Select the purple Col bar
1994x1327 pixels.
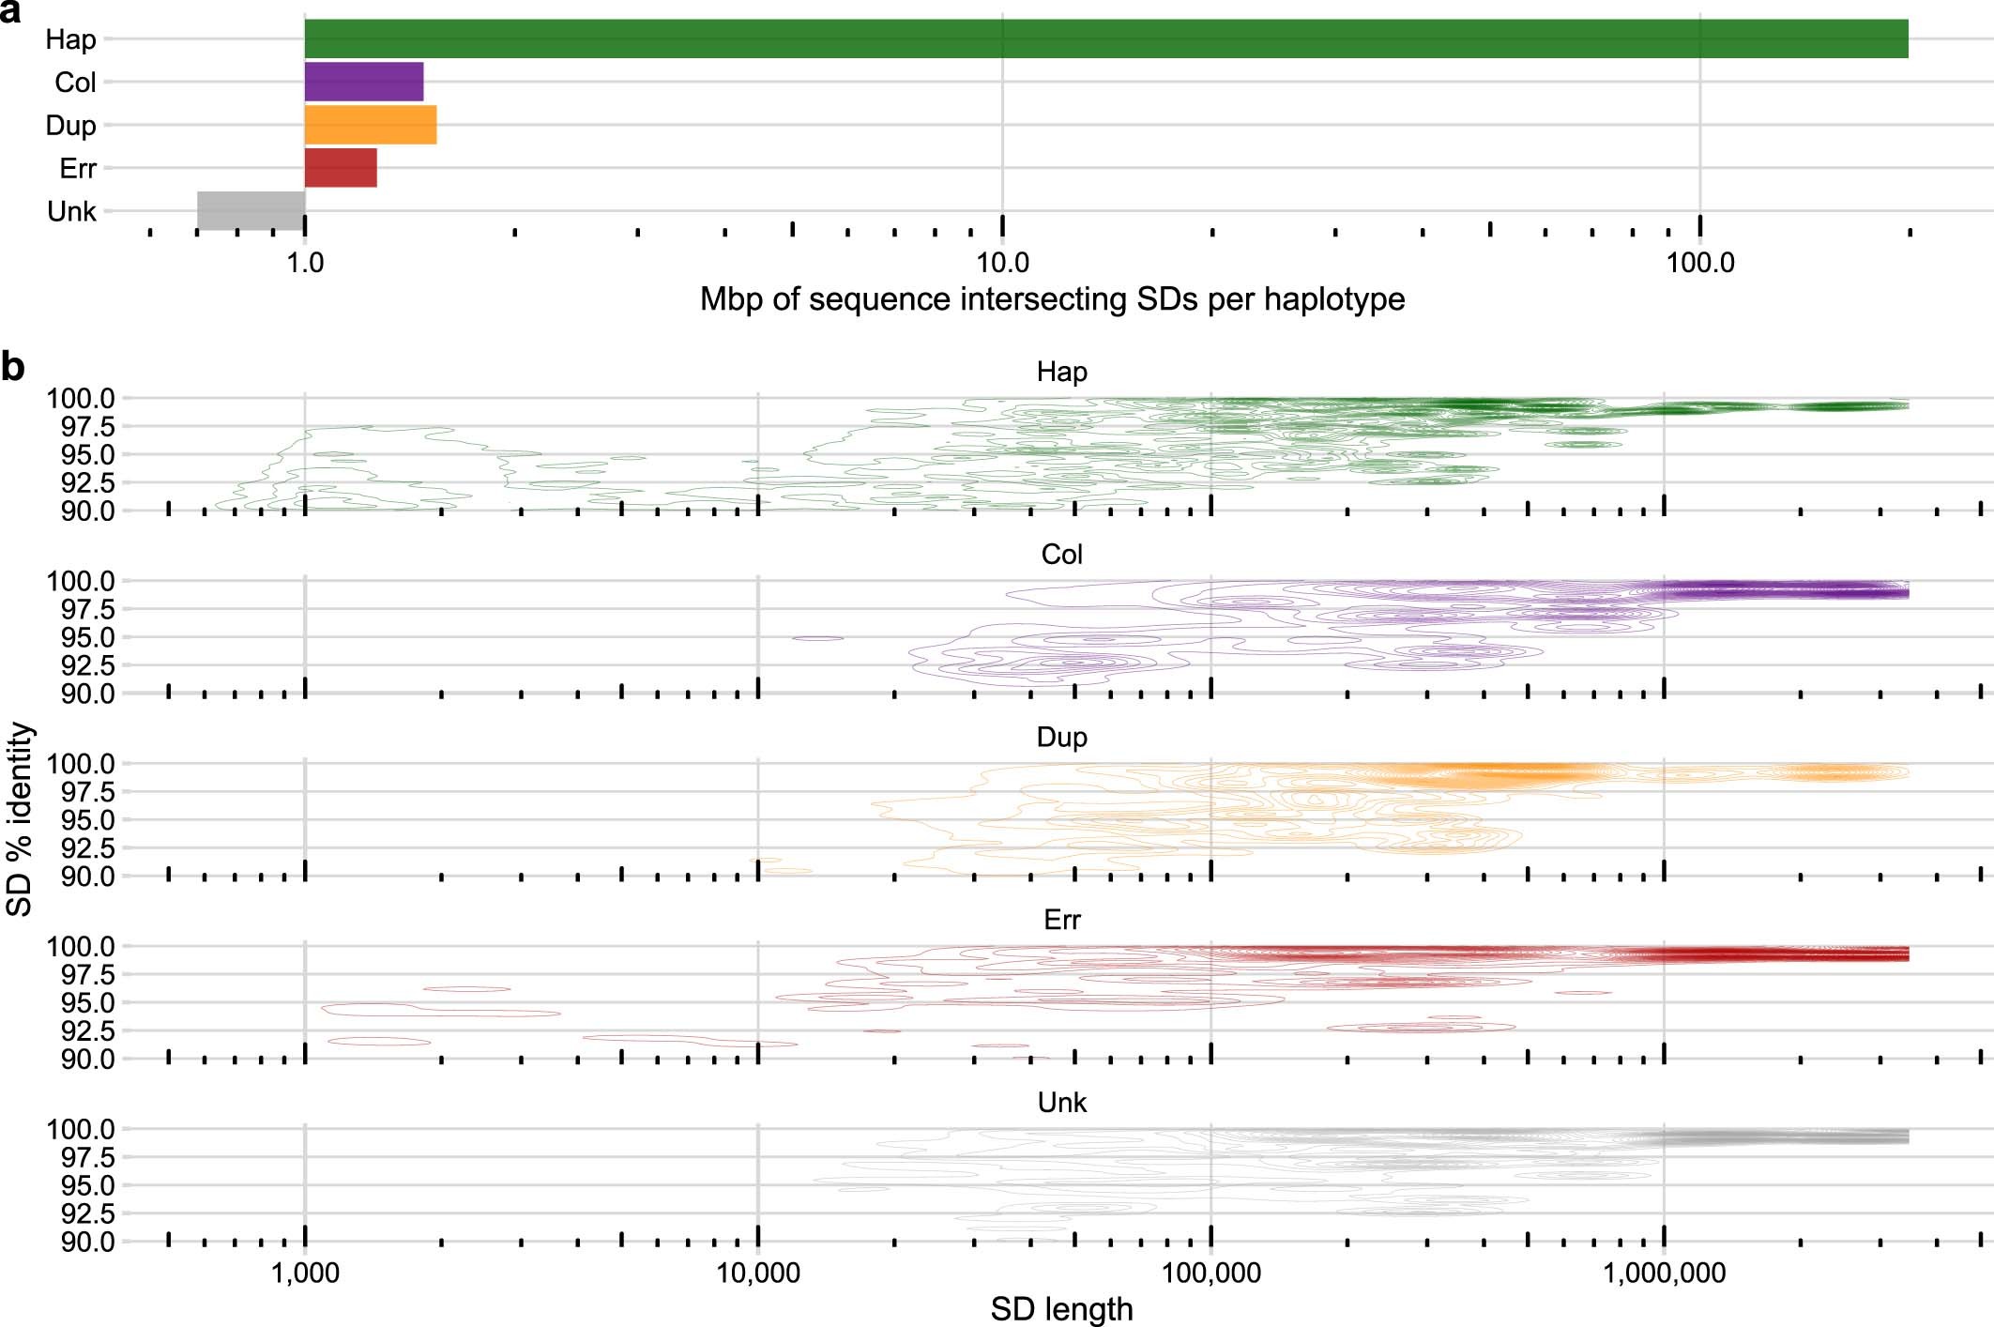[364, 82]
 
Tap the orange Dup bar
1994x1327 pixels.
[371, 125]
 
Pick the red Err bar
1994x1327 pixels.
[341, 168]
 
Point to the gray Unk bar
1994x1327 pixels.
[251, 210]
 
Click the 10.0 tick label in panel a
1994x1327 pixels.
[1002, 264]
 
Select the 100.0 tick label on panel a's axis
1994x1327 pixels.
[1699, 264]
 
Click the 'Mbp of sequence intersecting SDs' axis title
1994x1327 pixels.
[1052, 299]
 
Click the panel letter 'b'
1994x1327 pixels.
[12, 367]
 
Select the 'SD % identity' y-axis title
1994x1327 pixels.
[20, 819]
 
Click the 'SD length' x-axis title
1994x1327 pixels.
[1061, 1308]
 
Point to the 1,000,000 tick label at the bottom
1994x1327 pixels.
[1664, 1274]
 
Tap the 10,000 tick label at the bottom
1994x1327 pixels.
[758, 1274]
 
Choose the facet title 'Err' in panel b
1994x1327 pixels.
[1061, 920]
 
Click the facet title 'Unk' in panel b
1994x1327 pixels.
[1061, 1103]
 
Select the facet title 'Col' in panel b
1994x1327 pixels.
[1061, 555]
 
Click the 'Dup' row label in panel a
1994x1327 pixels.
[70, 126]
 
